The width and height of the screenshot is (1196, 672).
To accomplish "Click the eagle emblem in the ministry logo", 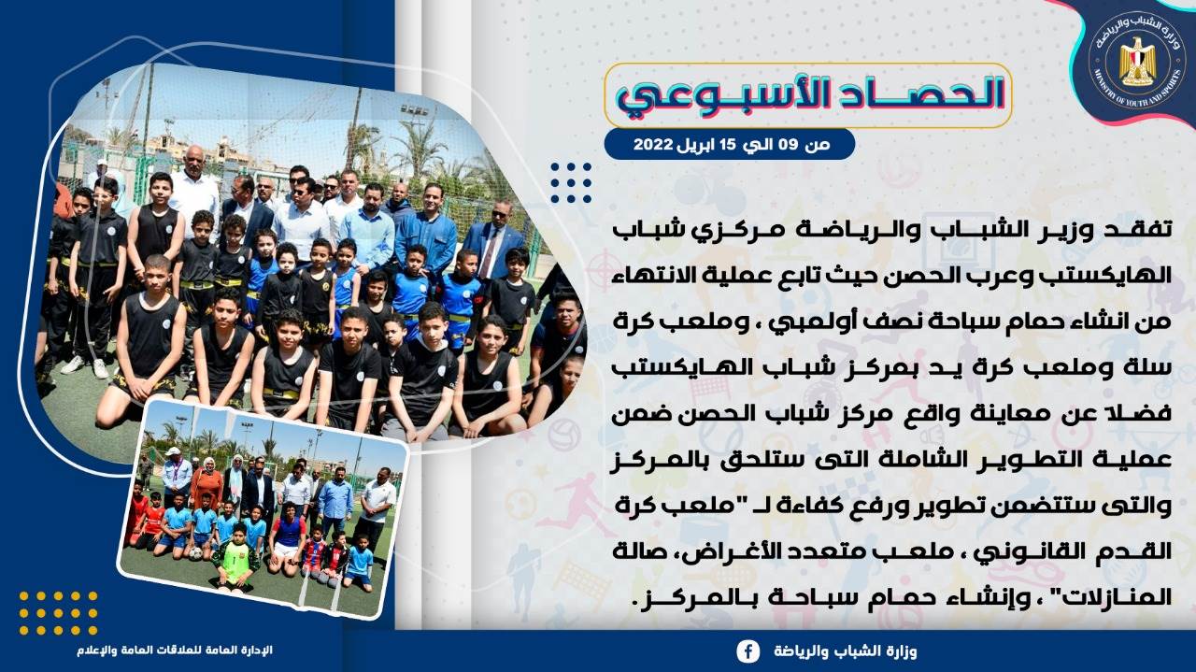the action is [x=1138, y=62].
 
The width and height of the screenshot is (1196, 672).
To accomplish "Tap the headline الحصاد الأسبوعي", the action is [x=809, y=95].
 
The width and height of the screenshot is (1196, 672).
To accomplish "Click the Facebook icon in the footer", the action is [x=748, y=651].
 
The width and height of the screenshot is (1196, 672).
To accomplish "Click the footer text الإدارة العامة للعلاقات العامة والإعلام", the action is [x=175, y=651].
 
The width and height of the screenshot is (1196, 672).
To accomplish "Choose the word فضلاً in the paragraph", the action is [x=1146, y=412].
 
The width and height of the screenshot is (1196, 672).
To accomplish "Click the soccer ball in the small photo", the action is [x=196, y=553].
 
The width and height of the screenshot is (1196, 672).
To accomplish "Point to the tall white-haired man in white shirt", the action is [x=193, y=187].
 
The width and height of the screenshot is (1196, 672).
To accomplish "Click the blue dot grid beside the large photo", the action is [x=571, y=182].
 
